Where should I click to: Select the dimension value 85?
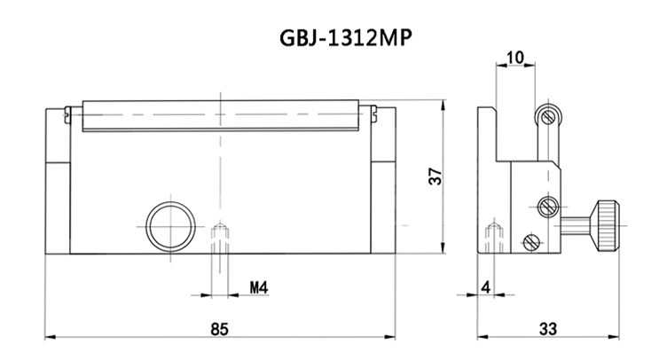point(220,328)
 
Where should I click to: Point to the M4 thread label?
point(258,288)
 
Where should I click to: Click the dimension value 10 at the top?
point(514,59)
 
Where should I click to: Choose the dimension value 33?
point(547,328)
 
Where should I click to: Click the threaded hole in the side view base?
point(494,237)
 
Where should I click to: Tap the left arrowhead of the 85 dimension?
point(49,338)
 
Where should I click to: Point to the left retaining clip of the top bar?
point(70,112)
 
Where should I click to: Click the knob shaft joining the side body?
point(577,225)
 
